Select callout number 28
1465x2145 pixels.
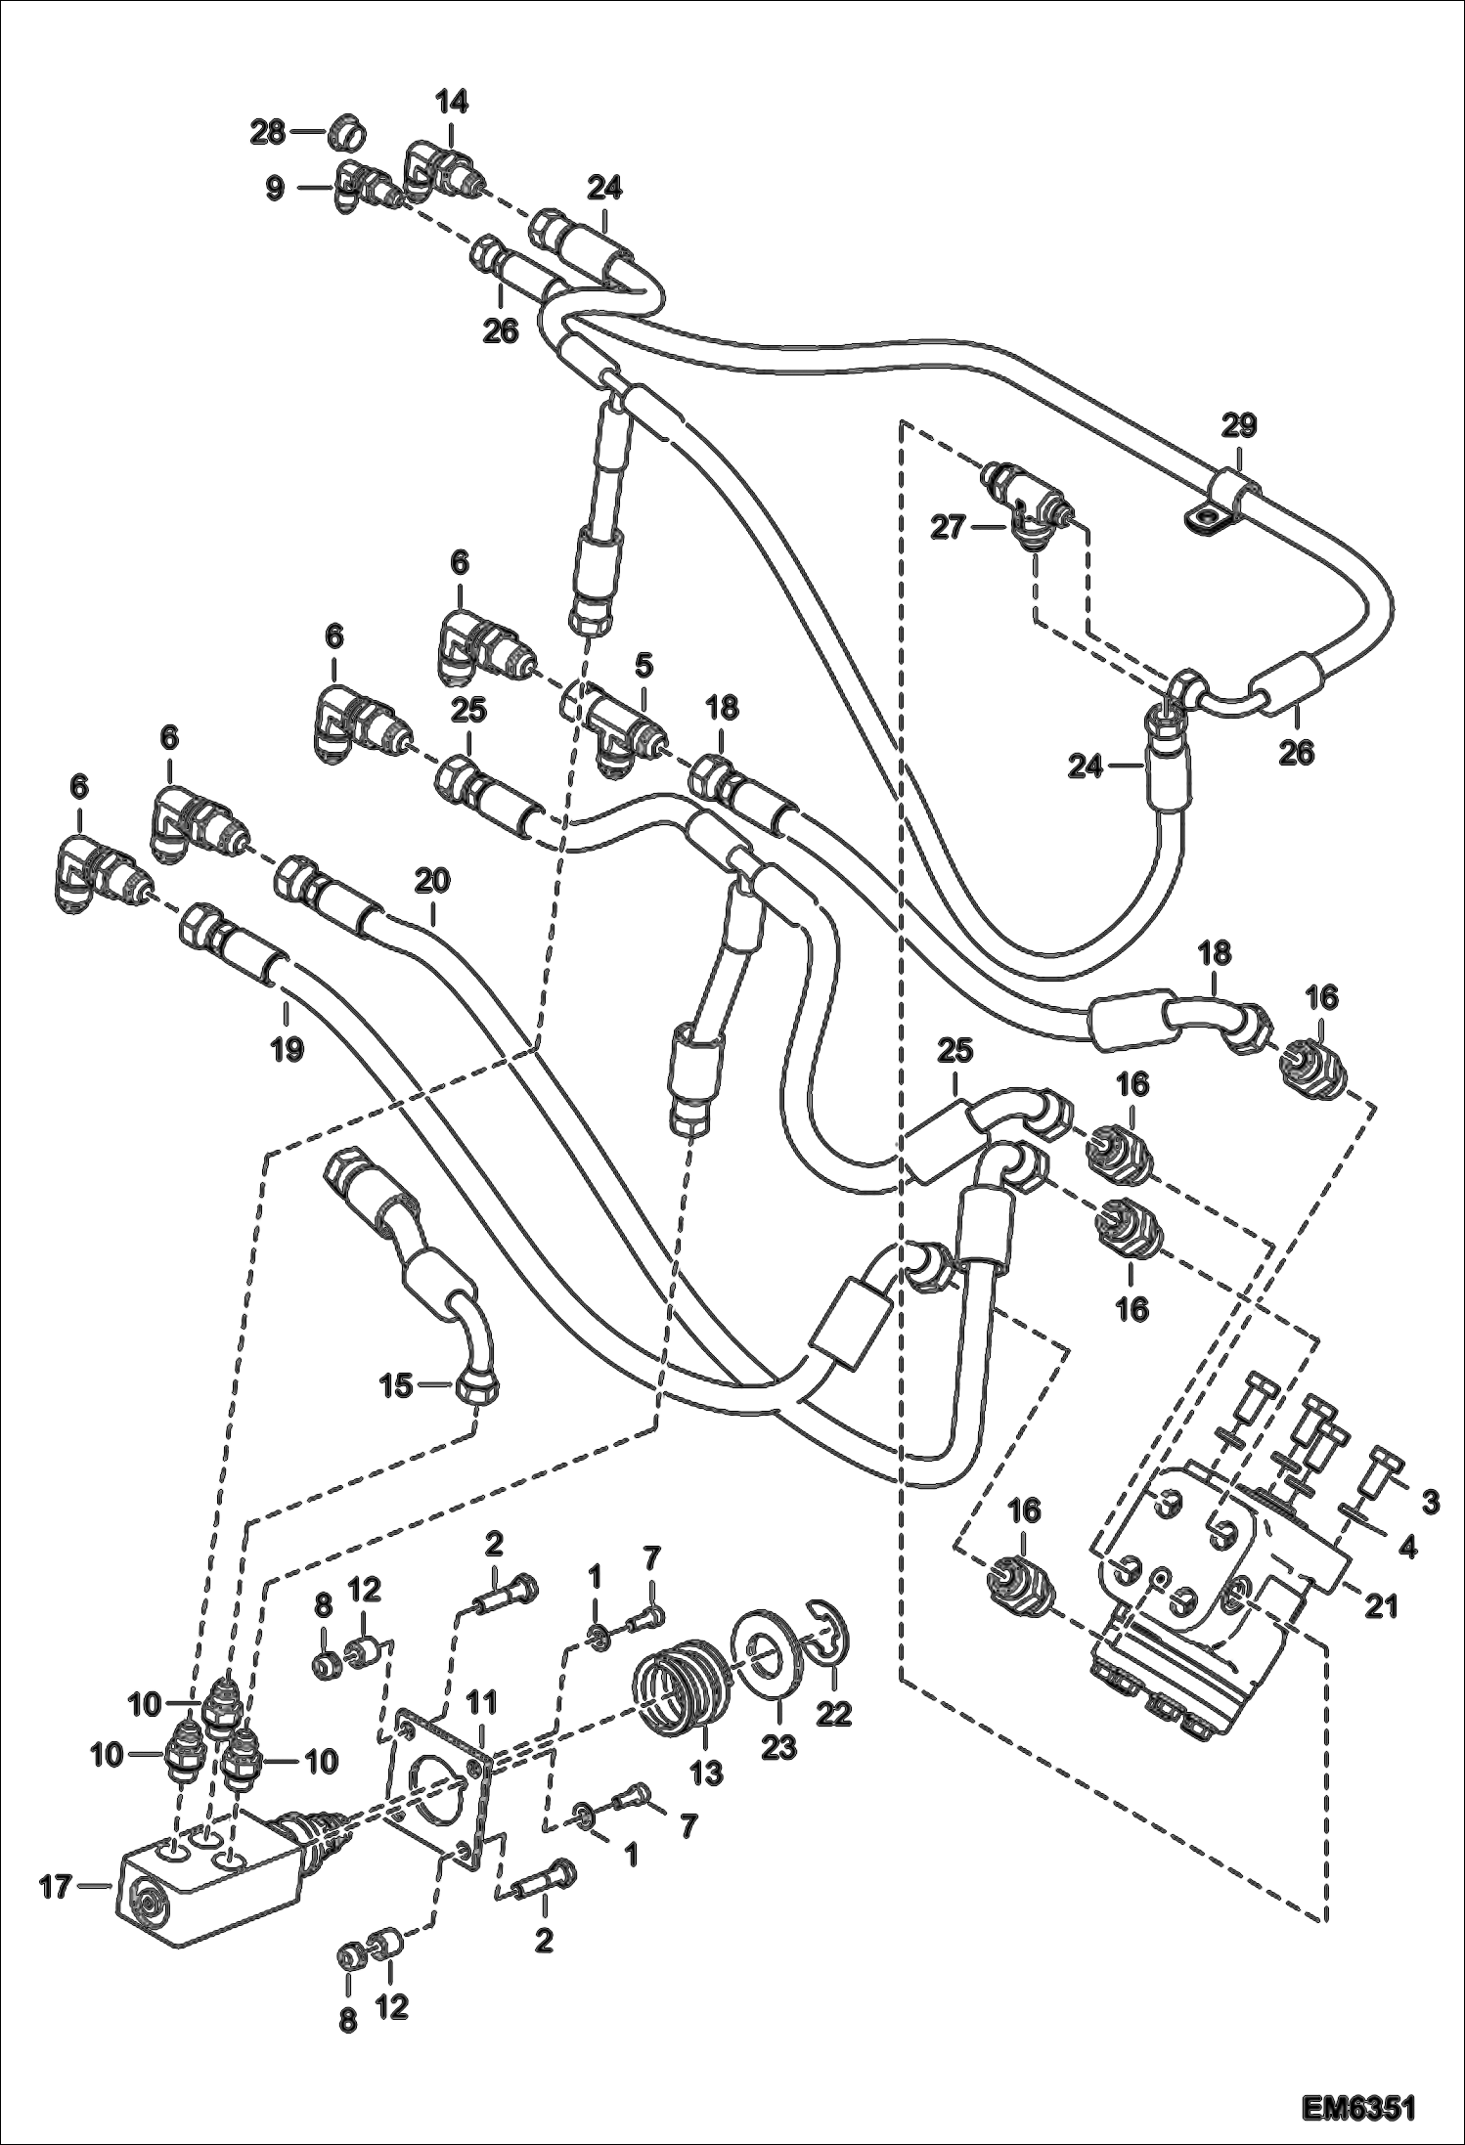click(266, 132)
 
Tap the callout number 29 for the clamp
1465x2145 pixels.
click(1238, 426)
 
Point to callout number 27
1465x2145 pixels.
click(947, 528)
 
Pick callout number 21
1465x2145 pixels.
click(1381, 1605)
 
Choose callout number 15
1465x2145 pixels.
click(397, 1385)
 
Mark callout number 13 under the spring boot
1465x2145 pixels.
click(706, 1771)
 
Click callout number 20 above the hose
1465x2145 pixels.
click(432, 881)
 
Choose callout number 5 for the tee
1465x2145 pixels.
click(643, 667)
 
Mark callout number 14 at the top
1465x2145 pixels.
click(452, 101)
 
